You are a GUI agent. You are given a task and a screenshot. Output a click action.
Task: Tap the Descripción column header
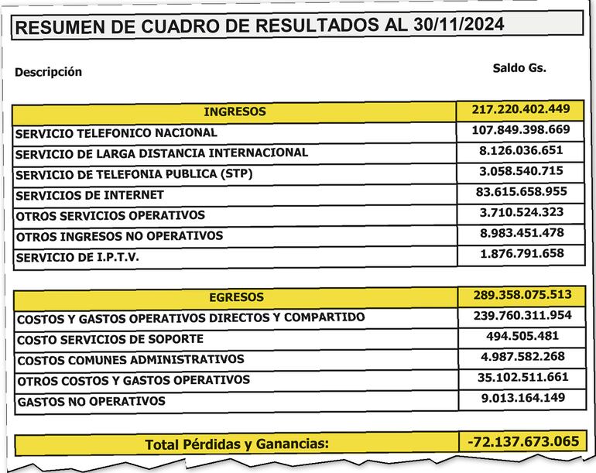point(48,72)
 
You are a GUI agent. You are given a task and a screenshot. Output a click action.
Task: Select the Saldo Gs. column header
point(519,67)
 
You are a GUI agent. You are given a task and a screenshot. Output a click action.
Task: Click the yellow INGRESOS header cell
point(235,111)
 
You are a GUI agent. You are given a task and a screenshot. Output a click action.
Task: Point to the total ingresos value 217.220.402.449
point(520,108)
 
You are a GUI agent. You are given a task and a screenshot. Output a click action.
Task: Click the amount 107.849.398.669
point(520,129)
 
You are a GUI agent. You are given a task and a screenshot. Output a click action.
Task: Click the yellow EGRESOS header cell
point(236,297)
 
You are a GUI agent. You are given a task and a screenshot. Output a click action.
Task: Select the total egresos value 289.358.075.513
point(520,294)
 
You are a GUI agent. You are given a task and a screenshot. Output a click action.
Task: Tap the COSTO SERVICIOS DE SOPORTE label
point(110,339)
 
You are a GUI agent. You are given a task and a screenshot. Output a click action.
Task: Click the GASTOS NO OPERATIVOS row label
point(91,402)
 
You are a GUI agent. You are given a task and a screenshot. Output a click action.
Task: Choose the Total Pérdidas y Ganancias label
point(236,444)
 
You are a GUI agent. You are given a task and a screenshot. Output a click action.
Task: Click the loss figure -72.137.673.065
point(522,441)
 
